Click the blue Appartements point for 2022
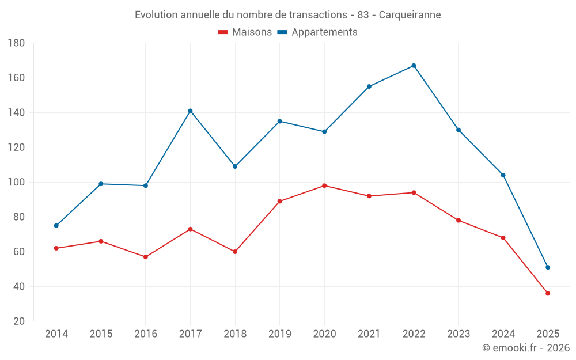(414, 66)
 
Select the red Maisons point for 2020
(324, 185)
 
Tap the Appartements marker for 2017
(190, 111)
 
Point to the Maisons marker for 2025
(548, 293)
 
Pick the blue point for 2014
(56, 225)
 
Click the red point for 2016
(146, 257)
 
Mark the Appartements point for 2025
(548, 267)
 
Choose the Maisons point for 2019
(279, 201)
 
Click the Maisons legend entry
(245, 32)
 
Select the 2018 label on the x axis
(235, 334)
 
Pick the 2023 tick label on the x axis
(458, 334)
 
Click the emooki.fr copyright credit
(526, 348)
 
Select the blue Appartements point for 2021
(369, 86)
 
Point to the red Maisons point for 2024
(503, 238)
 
